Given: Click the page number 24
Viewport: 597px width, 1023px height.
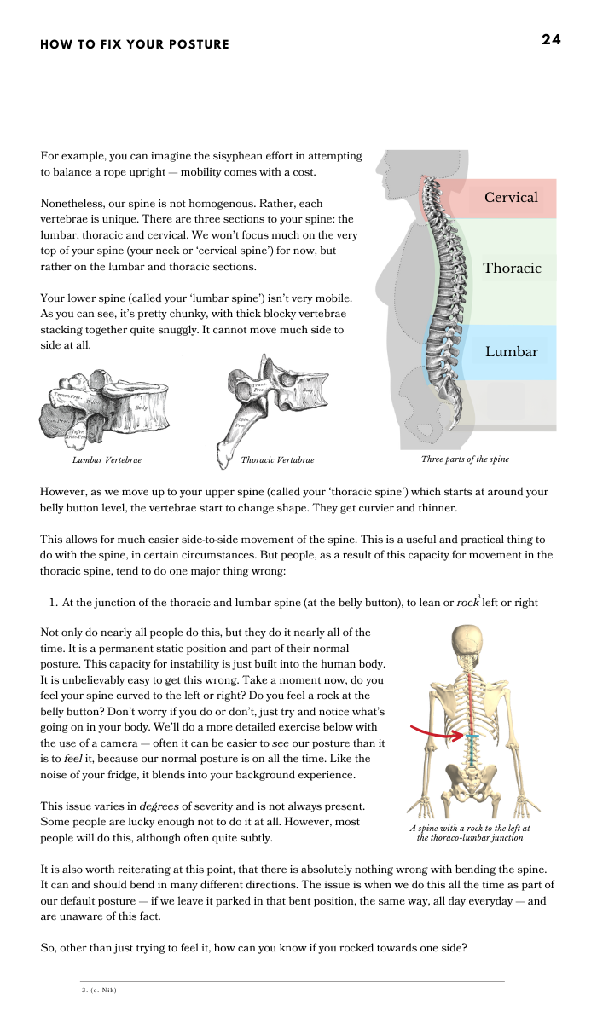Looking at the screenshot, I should [551, 39].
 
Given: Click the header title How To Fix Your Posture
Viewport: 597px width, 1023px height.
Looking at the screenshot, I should [135, 44].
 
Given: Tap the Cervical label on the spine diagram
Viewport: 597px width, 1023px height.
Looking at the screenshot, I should [511, 198].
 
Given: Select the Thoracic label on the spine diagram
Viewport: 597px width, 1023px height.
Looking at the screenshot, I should [512, 268].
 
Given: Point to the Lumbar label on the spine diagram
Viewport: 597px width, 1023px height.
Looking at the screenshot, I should [511, 351].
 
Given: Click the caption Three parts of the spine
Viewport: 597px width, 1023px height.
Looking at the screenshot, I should [465, 459].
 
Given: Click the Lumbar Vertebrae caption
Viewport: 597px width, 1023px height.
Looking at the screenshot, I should [107, 460].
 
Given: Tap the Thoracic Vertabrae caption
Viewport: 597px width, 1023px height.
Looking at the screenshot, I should [277, 460].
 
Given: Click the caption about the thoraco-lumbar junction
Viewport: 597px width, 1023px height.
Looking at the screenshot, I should [470, 833].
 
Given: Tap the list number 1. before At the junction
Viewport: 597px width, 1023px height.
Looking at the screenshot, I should [55, 603].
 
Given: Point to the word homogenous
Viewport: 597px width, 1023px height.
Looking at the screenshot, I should [225, 204].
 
